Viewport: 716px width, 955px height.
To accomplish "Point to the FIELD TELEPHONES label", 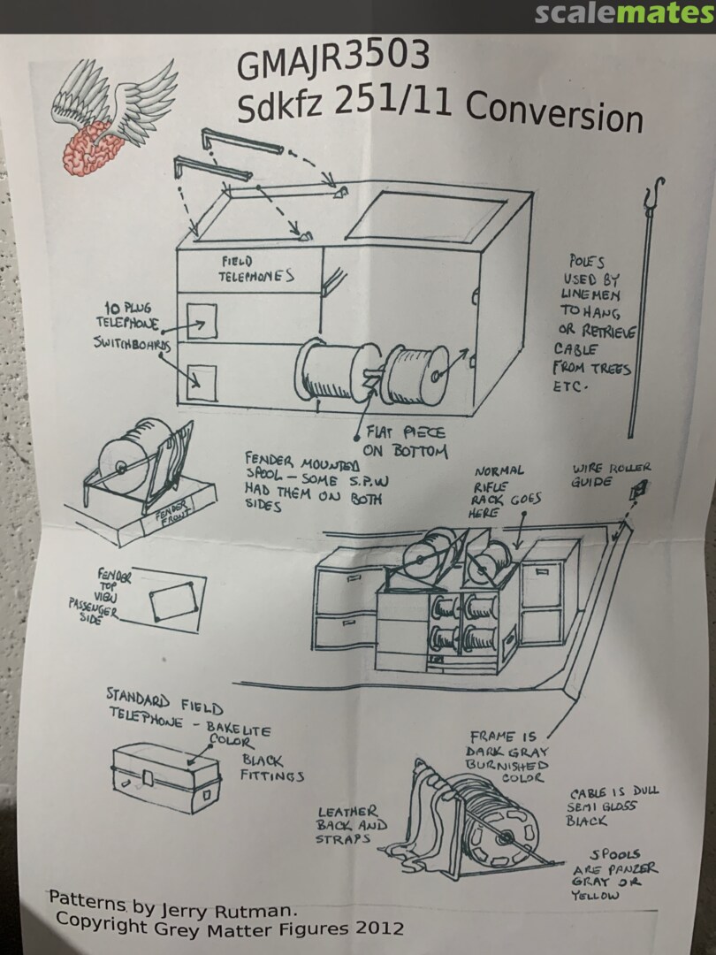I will click(x=255, y=269).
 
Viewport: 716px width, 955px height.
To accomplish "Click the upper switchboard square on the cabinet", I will click(x=202, y=319).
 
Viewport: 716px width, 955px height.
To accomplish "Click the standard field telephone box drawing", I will click(x=165, y=777).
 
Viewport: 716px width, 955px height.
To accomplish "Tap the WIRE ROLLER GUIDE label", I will click(x=612, y=475).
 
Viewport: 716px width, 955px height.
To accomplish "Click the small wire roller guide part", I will click(x=643, y=488).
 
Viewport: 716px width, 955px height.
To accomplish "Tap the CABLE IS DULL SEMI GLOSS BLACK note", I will click(x=613, y=806).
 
